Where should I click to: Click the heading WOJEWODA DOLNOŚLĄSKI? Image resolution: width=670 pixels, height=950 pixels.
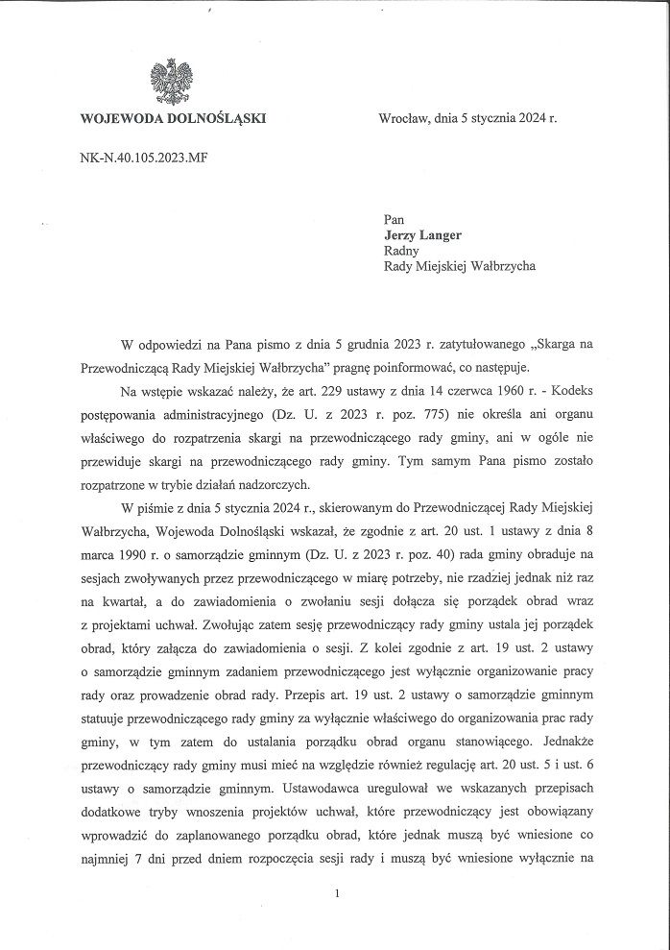174,119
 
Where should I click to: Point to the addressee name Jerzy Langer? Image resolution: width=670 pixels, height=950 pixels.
422,235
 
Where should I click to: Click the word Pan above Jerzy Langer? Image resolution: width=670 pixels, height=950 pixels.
394,220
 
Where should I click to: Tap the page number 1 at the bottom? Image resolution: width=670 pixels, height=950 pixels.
338,894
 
